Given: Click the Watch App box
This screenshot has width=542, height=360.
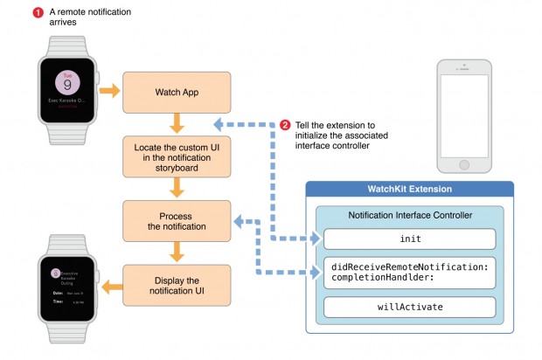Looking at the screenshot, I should (177, 93).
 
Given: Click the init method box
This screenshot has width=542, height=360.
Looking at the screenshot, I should (408, 239).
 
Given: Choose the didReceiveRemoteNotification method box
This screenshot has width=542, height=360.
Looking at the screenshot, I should (408, 271).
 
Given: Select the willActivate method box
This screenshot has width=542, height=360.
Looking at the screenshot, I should (408, 308).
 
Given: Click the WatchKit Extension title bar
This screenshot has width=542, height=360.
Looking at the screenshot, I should (409, 190).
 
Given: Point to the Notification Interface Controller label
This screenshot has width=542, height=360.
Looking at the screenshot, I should (409, 214).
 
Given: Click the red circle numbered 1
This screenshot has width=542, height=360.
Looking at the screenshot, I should (38, 12).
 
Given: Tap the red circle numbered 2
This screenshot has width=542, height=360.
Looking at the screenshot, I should (285, 123).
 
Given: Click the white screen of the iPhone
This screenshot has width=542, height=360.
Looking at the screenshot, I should (471, 108).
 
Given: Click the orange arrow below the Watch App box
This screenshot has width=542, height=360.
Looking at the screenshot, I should (177, 123).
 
